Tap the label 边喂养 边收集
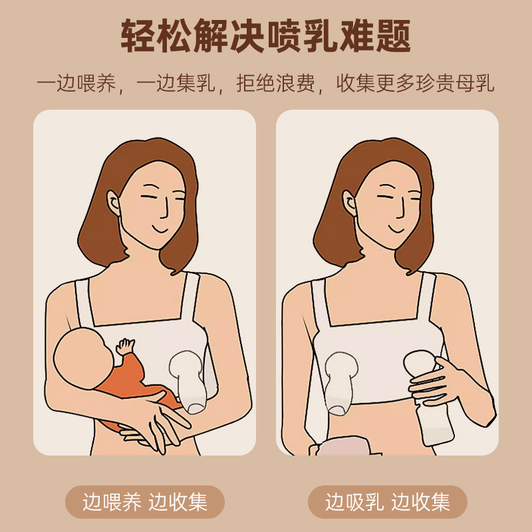tap(145, 501)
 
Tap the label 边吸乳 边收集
tap(388, 501)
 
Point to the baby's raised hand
tap(124, 346)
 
